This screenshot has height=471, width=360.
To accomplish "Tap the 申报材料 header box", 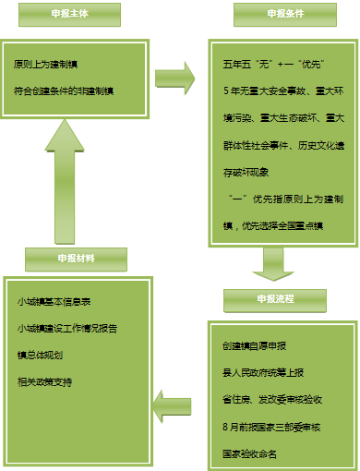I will click(x=75, y=258).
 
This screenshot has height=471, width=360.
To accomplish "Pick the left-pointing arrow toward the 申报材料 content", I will click(x=173, y=401).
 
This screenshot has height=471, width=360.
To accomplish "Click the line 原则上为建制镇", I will click(x=45, y=66).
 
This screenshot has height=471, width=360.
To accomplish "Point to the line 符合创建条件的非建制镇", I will click(x=64, y=90).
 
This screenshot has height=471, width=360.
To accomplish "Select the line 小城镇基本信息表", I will click(x=53, y=302).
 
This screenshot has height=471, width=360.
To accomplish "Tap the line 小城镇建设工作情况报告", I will click(x=66, y=329).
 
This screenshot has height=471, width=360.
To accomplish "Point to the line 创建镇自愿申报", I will click(x=255, y=345).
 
